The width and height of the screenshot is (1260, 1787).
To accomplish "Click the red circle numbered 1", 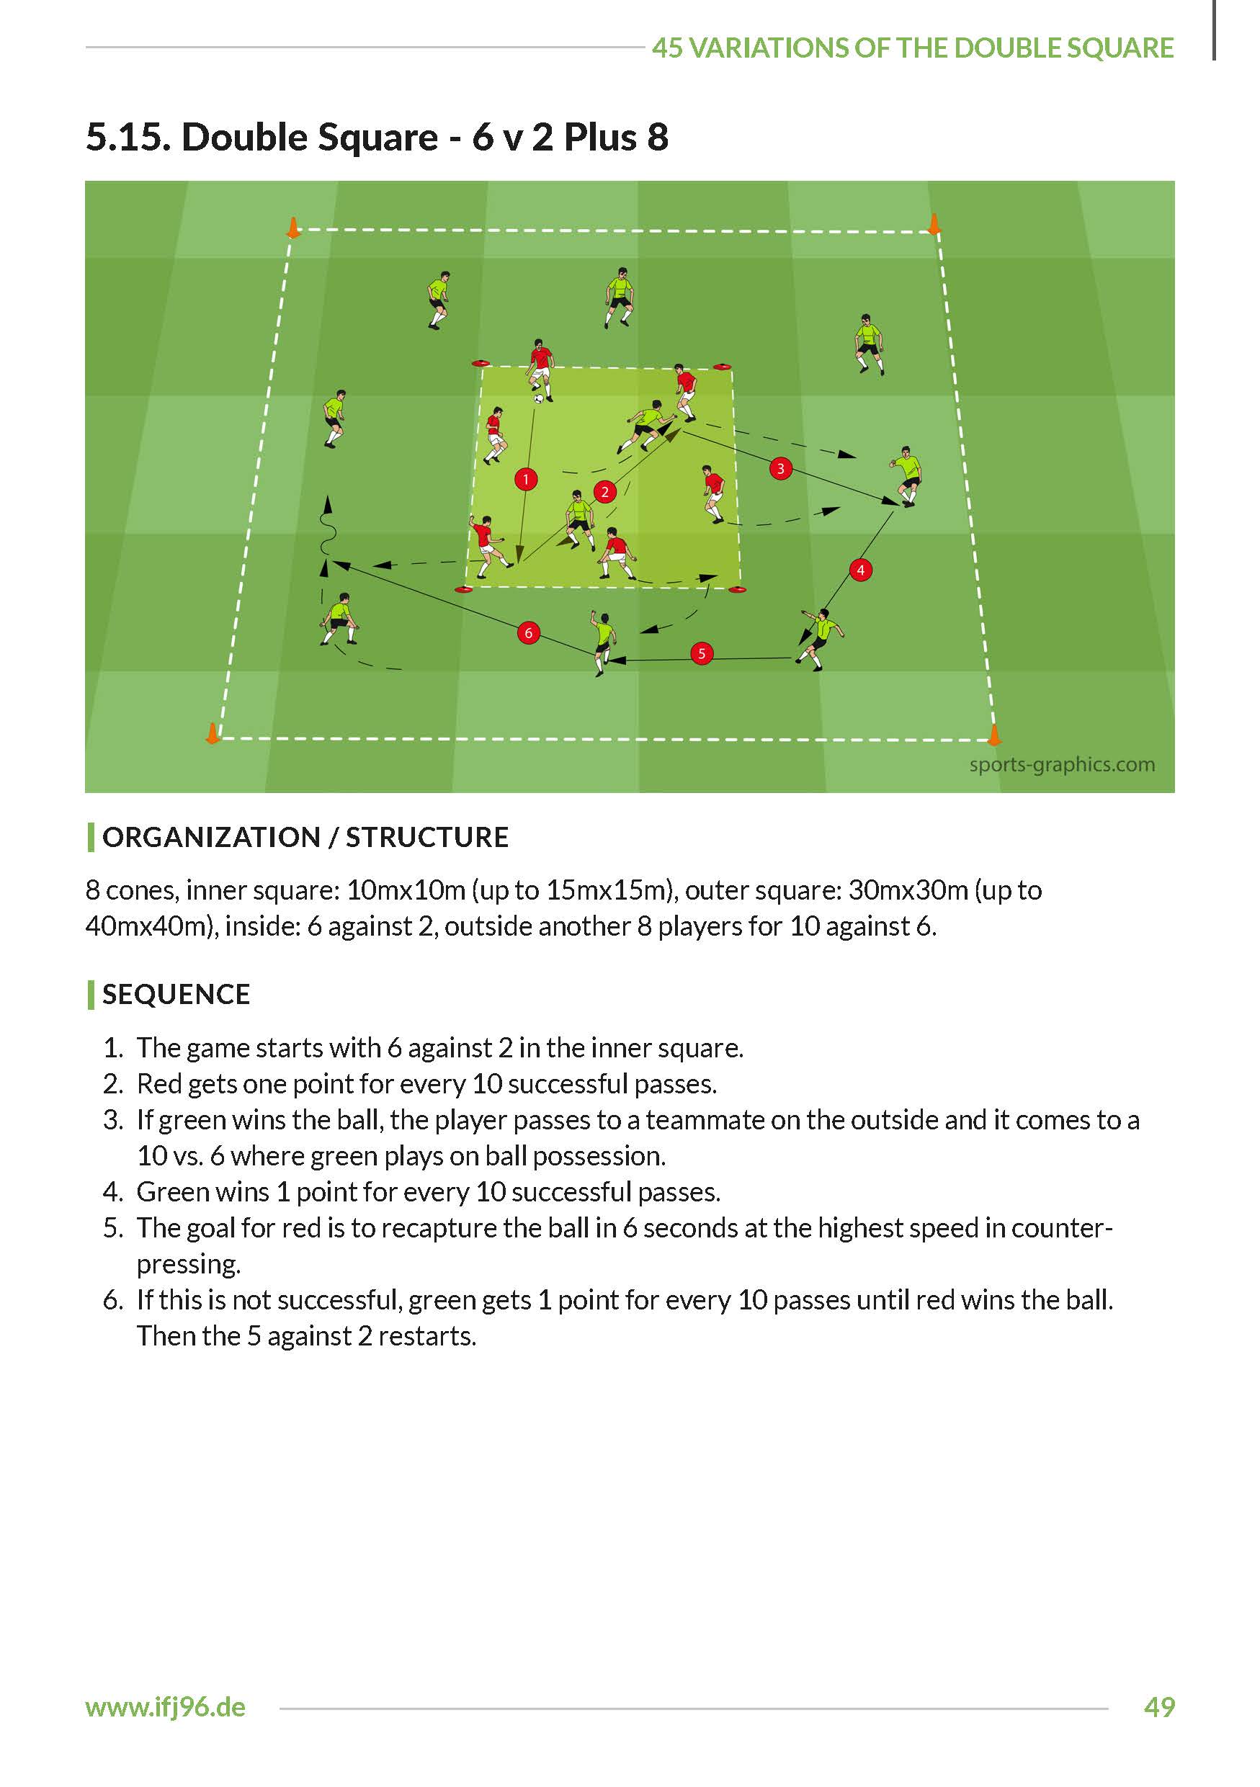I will [526, 479].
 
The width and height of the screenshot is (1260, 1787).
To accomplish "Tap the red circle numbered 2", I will [604, 491].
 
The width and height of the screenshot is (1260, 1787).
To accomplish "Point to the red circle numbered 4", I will [860, 570].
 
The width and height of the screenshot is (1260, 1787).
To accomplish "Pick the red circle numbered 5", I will [701, 653].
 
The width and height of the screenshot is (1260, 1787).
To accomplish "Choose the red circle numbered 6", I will [529, 633].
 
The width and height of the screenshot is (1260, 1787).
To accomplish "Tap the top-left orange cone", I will [292, 228].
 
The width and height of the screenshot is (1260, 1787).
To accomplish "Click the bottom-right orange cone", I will [994, 734].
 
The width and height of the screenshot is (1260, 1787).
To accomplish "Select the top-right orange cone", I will [934, 224].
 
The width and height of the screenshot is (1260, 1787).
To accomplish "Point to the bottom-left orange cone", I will [212, 733].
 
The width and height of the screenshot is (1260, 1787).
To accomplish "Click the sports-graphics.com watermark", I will [1062, 764].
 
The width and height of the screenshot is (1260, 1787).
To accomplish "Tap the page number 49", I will [1159, 1707].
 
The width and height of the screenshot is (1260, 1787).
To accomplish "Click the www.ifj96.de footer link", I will [166, 1707].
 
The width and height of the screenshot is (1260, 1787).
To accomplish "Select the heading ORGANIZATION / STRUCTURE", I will [305, 838].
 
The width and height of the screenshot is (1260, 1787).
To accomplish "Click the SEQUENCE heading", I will [176, 994].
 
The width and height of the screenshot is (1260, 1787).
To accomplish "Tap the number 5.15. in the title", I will [128, 137].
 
